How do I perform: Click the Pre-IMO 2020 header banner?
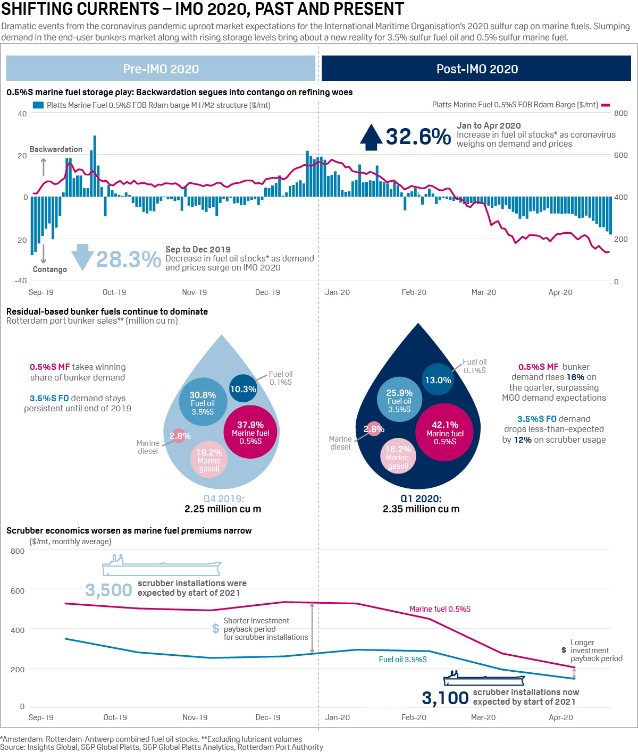[161, 69]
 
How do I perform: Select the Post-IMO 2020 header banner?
[476, 69]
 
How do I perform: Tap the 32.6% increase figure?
[418, 137]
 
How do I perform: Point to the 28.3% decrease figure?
[129, 259]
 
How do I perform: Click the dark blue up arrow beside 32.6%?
[371, 137]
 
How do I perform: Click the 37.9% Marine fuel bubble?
[250, 432]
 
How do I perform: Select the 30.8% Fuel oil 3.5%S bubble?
[203, 402]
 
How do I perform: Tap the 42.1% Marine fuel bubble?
[444, 432]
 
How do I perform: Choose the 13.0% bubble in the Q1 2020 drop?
[438, 379]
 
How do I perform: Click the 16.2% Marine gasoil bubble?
[398, 456]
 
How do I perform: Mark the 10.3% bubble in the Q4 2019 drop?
[243, 388]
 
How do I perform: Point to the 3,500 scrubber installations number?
[109, 590]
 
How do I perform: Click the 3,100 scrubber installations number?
[445, 698]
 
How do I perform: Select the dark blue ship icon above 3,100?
[484, 679]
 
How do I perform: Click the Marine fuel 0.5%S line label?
[440, 609]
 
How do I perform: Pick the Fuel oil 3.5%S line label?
[402, 660]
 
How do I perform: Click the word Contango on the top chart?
[50, 269]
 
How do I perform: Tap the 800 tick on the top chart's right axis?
[620, 113]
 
